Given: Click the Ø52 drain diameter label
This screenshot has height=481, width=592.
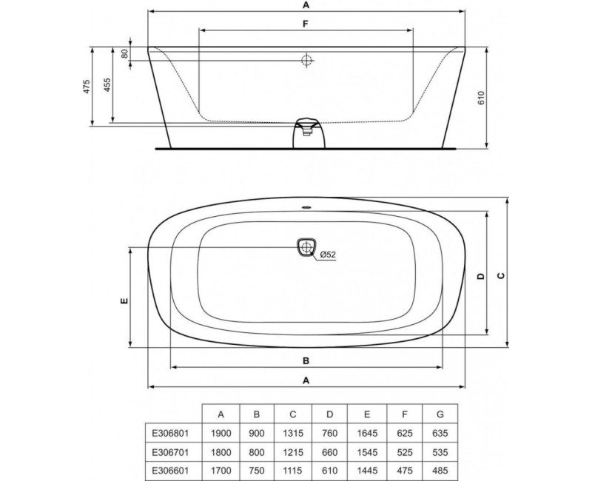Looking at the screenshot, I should point(327,255).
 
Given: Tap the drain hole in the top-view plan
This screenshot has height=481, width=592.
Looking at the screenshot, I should point(306,247).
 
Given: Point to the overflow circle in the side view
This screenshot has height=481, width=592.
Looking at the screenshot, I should point(306,61).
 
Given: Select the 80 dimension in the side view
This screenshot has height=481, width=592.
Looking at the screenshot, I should point(124,53).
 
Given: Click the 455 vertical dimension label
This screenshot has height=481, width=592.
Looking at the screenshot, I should point(107,84).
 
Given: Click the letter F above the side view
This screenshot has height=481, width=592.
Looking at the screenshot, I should point(305,24).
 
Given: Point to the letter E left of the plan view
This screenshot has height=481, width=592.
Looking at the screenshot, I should point(124,300).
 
